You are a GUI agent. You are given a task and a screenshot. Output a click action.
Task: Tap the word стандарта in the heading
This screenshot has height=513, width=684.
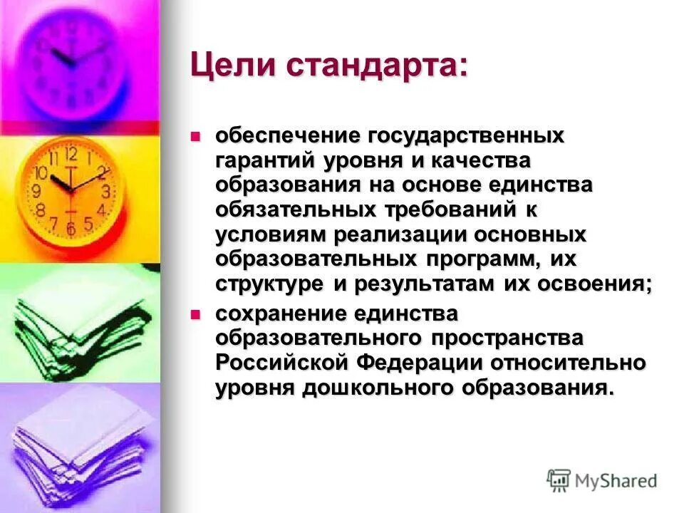pos(378,66)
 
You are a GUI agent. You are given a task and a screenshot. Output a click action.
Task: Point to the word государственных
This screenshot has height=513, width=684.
pos(466,135)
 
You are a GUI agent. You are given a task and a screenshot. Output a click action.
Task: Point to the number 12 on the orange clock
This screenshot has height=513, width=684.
pos(70,154)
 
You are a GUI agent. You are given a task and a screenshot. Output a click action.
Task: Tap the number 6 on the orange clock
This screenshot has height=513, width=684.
pos(70,228)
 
